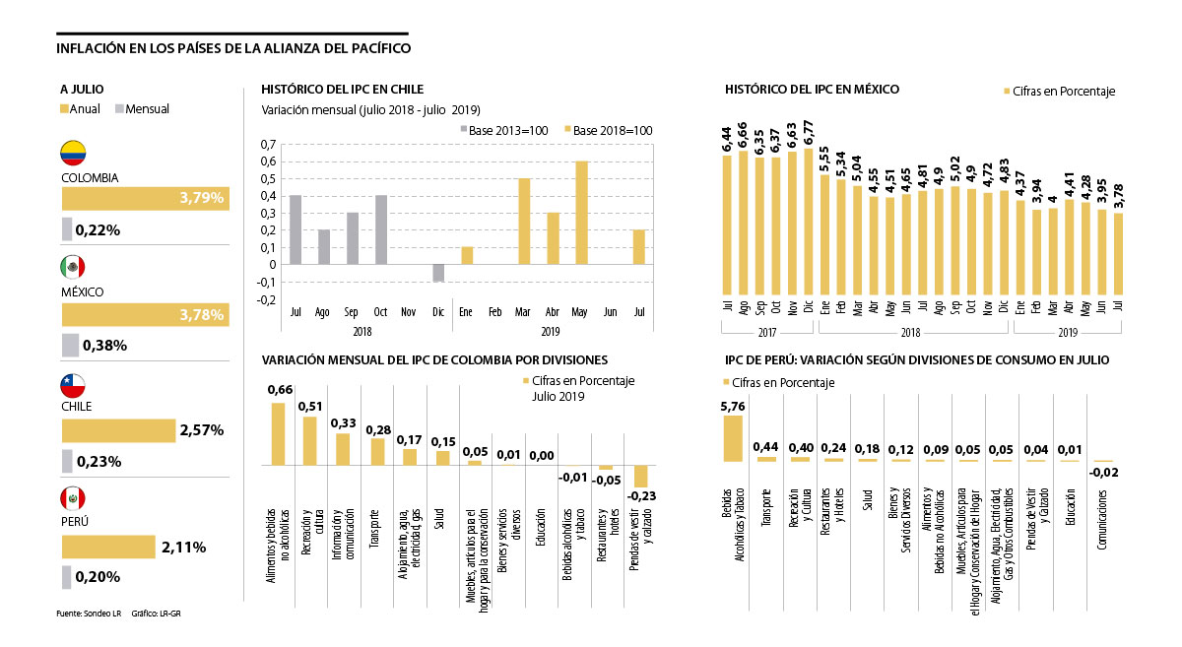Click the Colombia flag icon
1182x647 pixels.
coord(73,153)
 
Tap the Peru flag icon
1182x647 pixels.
coord(73,496)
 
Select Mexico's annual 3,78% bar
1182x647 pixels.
coord(145,314)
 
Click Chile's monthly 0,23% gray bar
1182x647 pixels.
coord(67,461)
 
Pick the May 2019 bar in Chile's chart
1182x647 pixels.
coord(582,213)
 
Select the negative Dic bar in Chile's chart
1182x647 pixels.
coord(438,273)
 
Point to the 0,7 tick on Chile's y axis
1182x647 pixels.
coord(269,146)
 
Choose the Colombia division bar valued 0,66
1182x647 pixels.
coord(279,433)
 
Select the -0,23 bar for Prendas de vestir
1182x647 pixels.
coord(640,476)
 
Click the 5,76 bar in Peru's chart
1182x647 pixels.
coord(732,438)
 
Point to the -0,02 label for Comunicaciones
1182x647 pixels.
coord(1103,472)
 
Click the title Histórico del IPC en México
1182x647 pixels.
coord(812,89)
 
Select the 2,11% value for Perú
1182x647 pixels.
coord(184,548)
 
